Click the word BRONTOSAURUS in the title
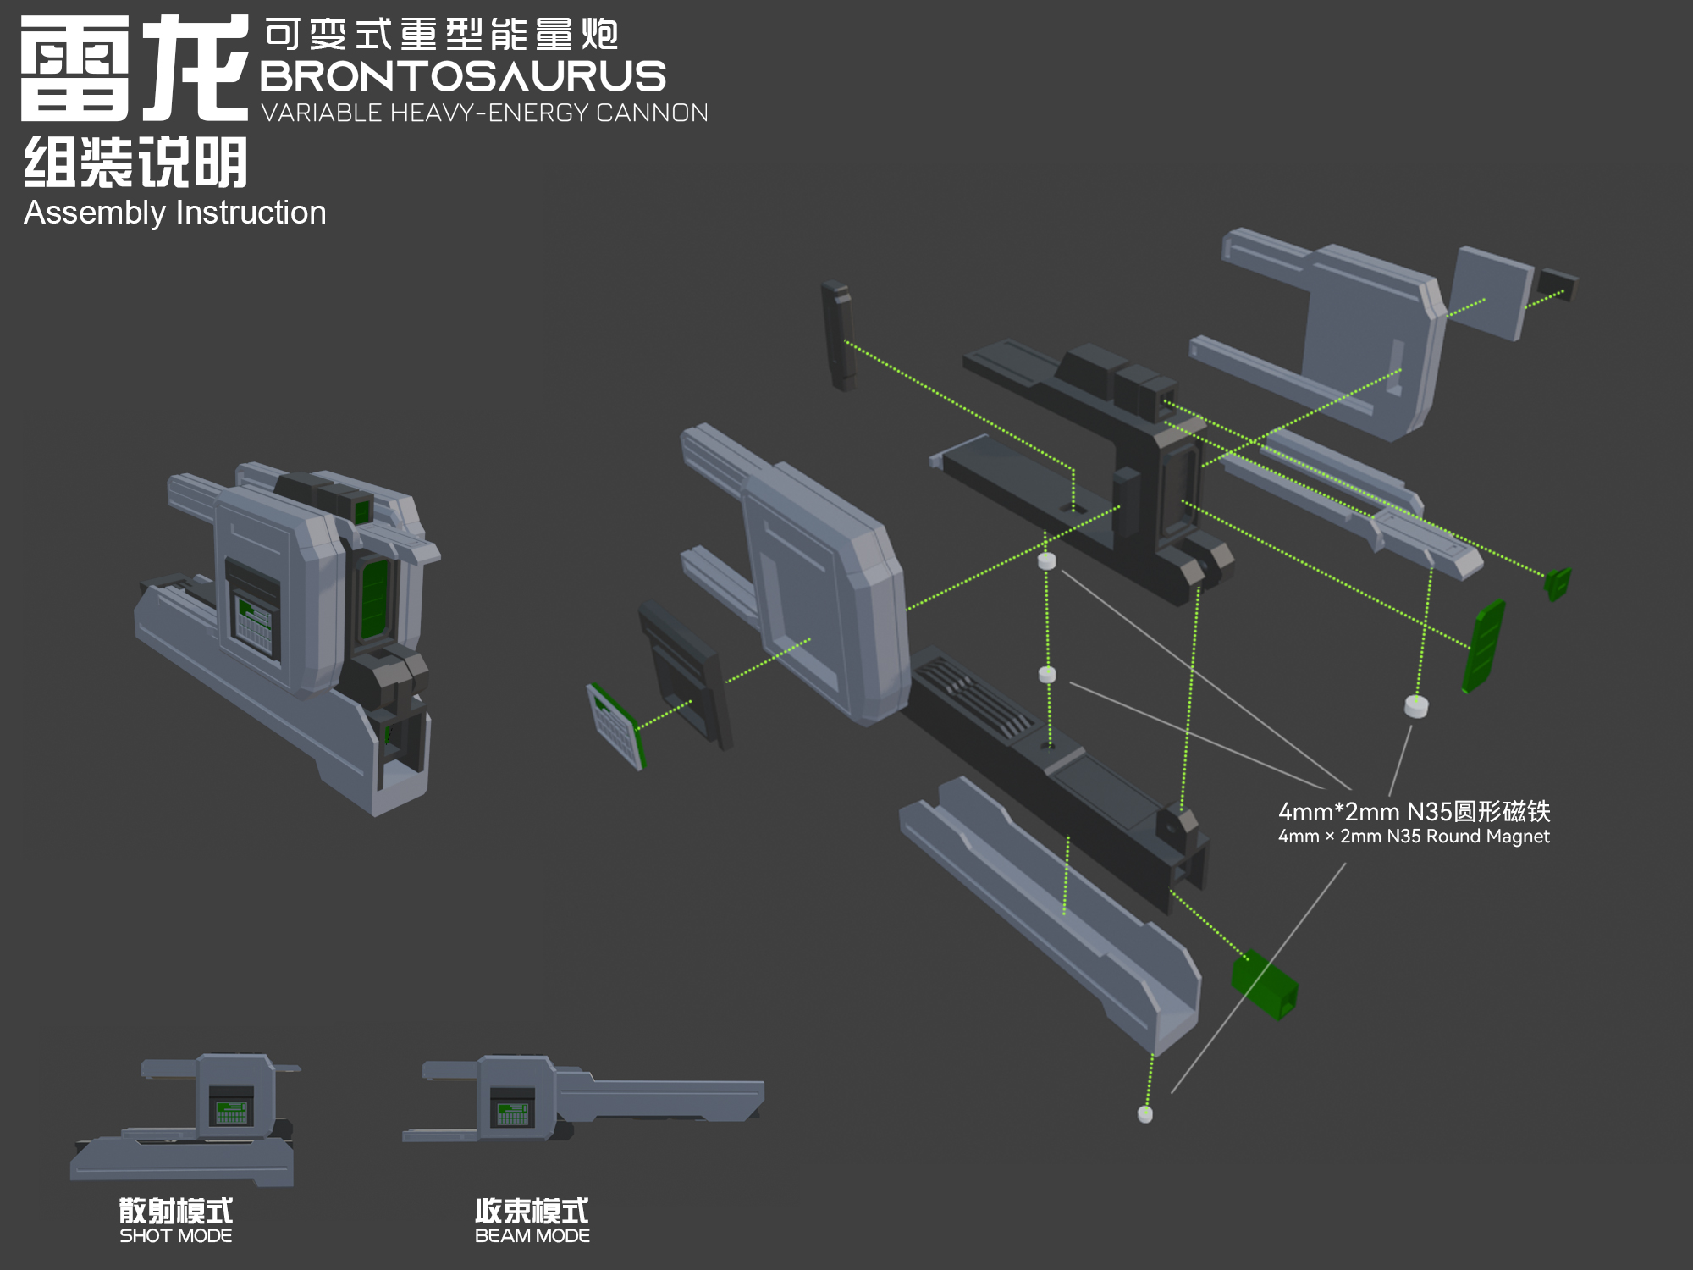click(x=463, y=76)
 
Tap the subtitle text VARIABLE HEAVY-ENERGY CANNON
click(x=484, y=113)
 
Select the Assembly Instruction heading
click(x=175, y=213)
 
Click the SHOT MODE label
click(x=176, y=1235)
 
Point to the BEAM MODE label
click(x=532, y=1235)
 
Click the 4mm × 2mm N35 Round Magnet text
click(x=1414, y=837)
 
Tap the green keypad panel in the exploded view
click(x=616, y=726)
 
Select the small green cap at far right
click(x=1558, y=583)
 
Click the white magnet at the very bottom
click(x=1145, y=1114)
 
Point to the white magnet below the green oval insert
click(x=1416, y=706)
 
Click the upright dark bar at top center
click(x=838, y=335)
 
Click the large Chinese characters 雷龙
click(x=135, y=69)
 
